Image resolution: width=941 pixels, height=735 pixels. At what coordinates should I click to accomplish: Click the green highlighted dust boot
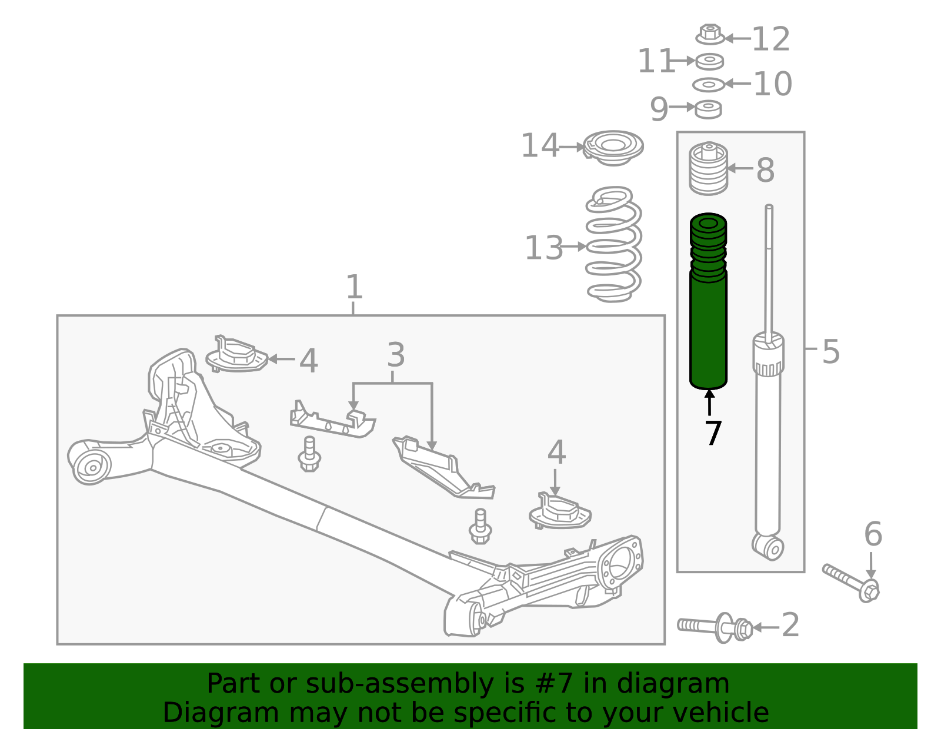point(708,303)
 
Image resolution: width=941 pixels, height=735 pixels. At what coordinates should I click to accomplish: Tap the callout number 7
point(713,433)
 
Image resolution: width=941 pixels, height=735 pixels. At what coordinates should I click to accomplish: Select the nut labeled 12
point(710,34)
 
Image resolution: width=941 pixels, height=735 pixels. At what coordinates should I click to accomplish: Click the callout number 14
point(540,146)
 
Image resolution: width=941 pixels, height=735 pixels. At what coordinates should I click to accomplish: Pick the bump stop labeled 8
point(709,168)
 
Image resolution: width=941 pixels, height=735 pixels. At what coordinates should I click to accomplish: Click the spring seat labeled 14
point(613,148)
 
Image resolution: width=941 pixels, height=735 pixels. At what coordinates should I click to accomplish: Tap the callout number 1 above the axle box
point(354,287)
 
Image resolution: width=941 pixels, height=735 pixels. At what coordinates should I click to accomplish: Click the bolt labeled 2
point(715,627)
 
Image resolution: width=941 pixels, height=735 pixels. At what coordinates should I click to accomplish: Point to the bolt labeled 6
point(852,583)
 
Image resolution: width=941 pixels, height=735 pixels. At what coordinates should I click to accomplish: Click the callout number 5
point(830,352)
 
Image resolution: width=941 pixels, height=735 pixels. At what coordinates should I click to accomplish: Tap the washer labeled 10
point(709,85)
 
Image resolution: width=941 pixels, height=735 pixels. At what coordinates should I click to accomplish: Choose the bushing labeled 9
point(708,109)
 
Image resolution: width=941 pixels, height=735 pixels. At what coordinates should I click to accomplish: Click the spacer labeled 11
point(709,62)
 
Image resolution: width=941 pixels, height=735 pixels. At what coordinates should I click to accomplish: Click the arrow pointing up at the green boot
point(709,403)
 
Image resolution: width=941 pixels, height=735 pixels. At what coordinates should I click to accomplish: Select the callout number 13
point(544,248)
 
